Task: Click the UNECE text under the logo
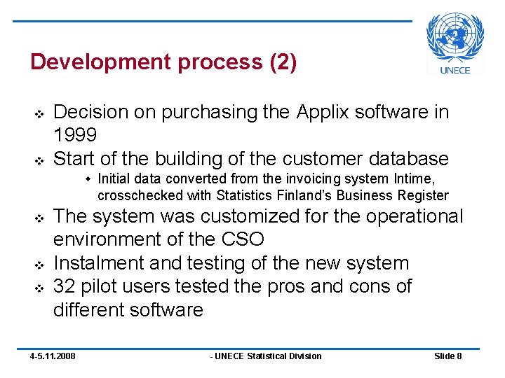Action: pos(455,69)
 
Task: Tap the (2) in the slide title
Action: pos(283,62)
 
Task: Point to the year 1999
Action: pos(76,135)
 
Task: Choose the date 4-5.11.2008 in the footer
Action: pos(53,356)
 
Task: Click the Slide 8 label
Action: pos(447,356)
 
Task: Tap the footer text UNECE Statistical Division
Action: pos(267,356)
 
